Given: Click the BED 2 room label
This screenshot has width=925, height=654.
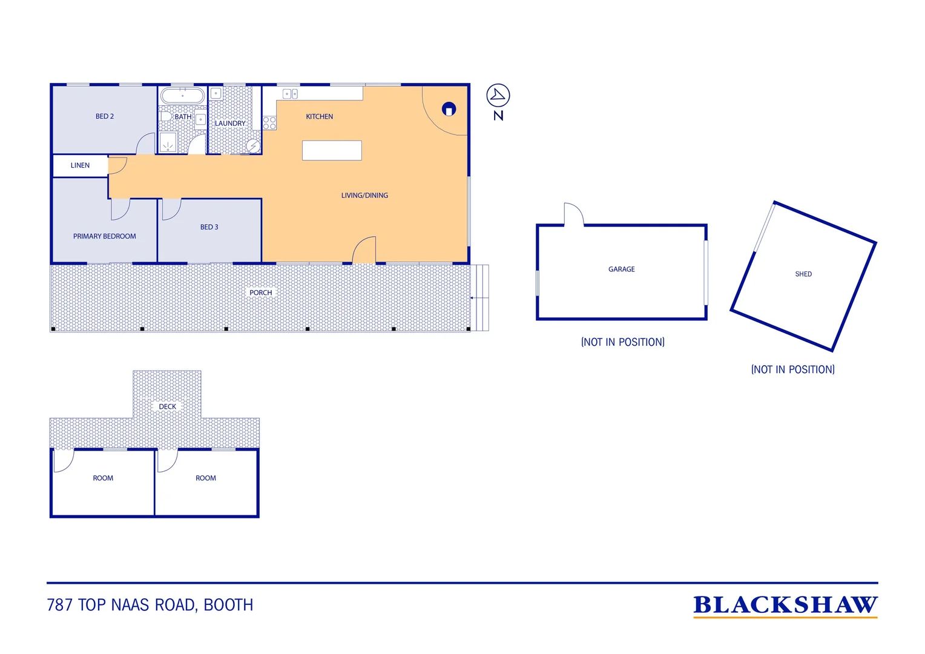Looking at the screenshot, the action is tap(105, 116).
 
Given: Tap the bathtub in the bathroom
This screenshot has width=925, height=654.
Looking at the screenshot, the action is tap(183, 96).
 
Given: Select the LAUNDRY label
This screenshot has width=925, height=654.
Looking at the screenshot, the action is tap(230, 124).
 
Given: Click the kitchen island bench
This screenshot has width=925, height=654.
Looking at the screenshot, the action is tap(332, 150).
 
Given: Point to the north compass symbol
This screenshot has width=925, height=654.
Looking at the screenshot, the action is tap(498, 96).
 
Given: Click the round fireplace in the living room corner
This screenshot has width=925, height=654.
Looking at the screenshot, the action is tap(449, 109).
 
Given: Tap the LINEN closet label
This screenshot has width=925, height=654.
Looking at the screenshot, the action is tap(80, 166).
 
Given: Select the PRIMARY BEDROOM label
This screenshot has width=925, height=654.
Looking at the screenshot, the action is tap(105, 236).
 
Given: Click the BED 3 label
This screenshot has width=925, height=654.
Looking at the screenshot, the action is tap(209, 227).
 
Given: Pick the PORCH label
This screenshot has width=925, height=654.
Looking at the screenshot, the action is tap(260, 292).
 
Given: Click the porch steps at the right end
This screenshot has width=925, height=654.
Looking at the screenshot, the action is tap(480, 298).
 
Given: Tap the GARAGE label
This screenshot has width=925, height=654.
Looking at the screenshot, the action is tap(622, 269).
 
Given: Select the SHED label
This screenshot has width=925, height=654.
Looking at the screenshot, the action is tap(803, 274).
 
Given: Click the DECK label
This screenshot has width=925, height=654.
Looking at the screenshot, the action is tap(168, 406).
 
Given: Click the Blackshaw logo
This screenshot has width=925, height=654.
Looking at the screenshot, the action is tap(785, 607).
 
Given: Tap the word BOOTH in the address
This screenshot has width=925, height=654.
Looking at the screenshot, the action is tap(228, 605).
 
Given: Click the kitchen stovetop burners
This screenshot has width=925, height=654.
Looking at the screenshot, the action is tap(269, 123).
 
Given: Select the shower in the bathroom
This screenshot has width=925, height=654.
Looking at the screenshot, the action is tap(168, 142).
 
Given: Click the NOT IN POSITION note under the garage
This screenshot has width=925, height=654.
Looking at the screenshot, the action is tap(623, 342).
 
